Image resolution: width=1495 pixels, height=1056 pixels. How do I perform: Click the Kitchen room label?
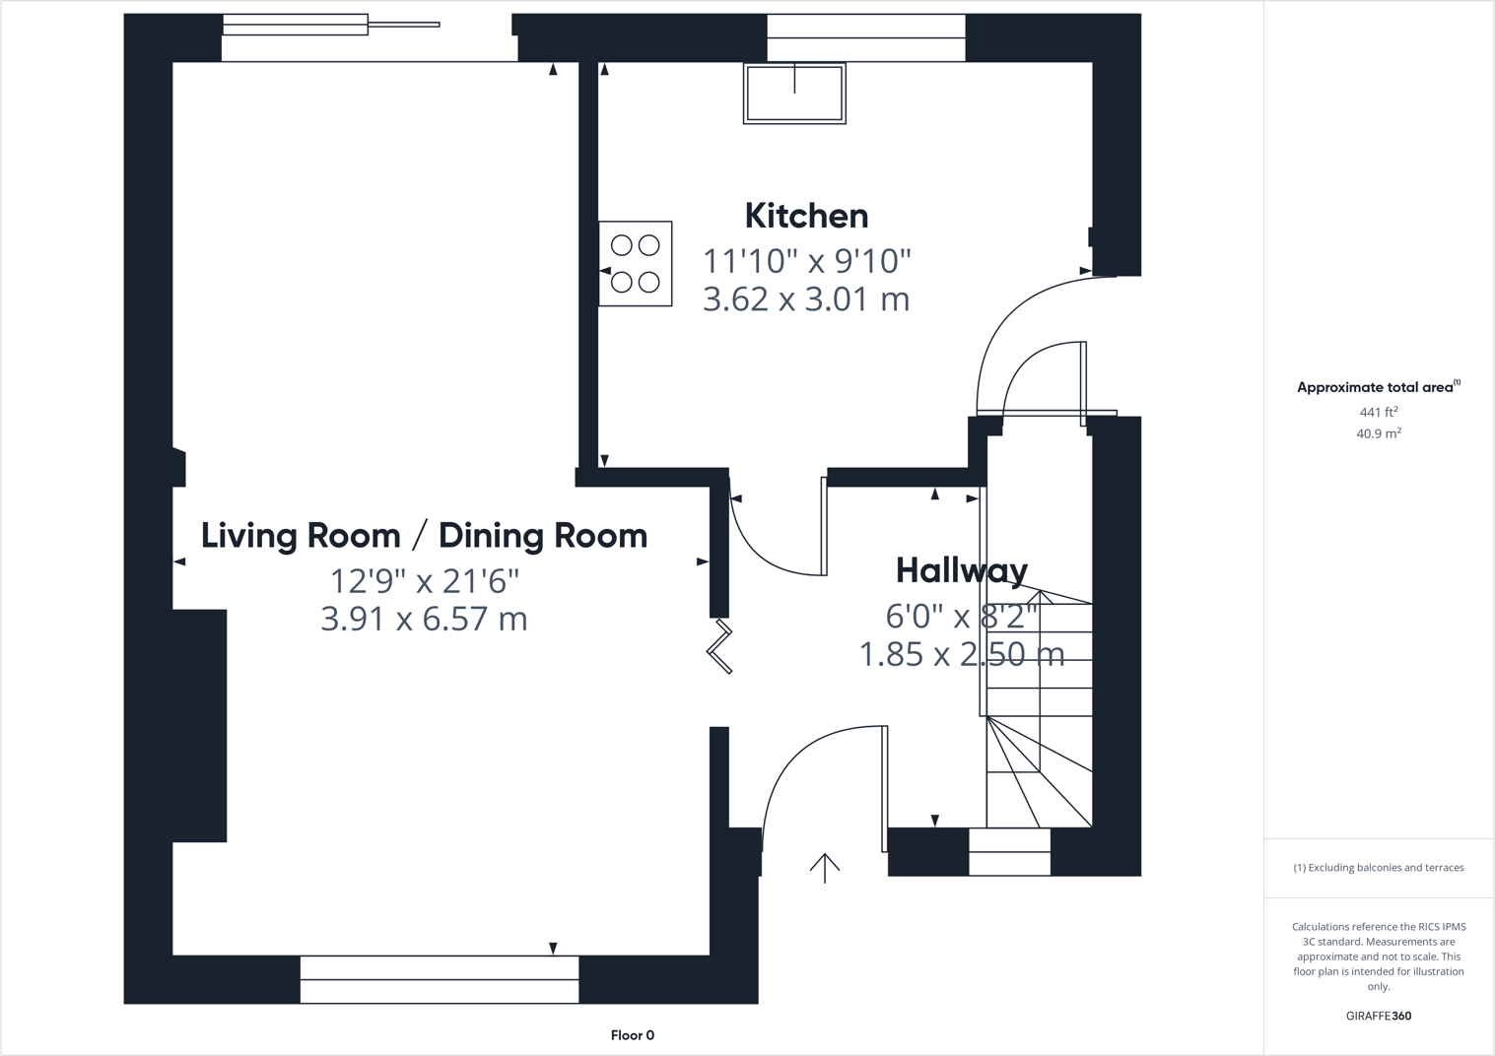point(806,216)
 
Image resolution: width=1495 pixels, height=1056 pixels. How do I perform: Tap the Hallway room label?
point(961,570)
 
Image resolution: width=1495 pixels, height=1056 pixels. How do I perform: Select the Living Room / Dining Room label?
point(424,536)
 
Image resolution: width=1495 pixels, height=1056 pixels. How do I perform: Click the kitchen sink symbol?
point(794,94)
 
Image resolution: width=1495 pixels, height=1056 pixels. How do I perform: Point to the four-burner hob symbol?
point(636,264)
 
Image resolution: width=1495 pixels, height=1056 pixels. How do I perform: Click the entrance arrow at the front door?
point(825,867)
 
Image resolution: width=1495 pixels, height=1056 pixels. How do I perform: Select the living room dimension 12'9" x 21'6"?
point(424,581)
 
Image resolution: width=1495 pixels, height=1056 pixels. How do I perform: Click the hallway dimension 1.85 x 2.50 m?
point(961,654)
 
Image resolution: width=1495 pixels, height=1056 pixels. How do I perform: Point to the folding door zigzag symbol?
point(720,647)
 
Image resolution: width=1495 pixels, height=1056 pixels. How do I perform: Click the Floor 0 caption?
point(632,1035)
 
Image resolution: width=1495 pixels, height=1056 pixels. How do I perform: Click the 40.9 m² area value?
point(1378,433)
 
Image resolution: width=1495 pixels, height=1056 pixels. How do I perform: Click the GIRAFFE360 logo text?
point(1378,1016)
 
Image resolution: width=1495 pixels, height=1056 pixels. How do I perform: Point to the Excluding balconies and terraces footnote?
point(1378,868)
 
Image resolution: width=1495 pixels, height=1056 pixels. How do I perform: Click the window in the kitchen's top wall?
point(865,37)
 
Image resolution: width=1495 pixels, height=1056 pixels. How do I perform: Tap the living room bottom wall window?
point(439,979)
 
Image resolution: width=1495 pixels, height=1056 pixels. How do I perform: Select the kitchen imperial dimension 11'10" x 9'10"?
point(806,261)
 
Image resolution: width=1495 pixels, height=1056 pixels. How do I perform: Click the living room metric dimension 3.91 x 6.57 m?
point(424,620)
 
